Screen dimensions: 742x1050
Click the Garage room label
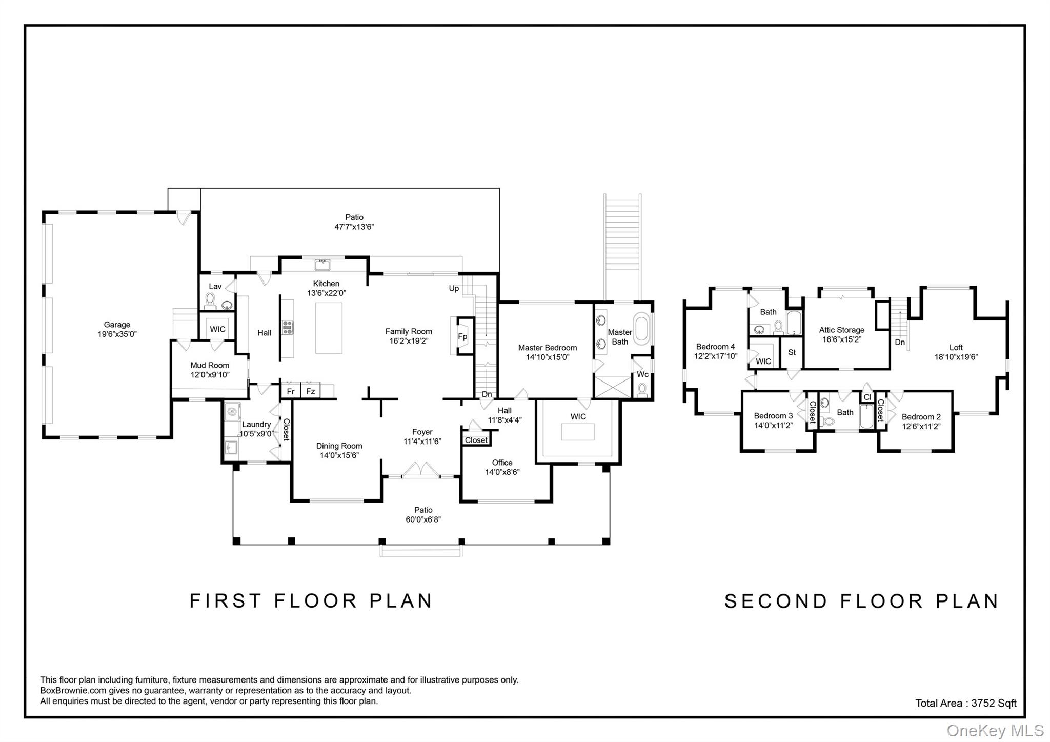click(117, 325)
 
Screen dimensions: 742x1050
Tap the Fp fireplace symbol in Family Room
click(462, 337)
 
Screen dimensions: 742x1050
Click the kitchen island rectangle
click(329, 328)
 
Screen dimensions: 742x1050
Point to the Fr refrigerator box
click(291, 391)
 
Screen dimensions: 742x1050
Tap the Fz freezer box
click(310, 391)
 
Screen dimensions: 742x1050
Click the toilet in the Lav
click(210, 298)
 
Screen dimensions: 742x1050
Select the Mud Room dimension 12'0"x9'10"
click(210, 375)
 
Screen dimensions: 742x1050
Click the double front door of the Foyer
click(420, 470)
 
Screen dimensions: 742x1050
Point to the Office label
click(502, 463)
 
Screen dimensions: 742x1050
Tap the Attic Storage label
click(841, 330)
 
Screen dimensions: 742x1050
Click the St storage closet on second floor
click(792, 352)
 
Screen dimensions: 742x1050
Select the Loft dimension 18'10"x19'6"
click(956, 357)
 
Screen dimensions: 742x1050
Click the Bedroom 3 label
click(773, 416)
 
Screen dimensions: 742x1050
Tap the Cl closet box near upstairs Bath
click(867, 397)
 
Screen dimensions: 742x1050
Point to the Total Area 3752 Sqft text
click(965, 703)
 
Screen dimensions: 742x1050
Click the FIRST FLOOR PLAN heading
click(311, 600)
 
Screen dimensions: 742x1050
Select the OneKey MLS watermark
click(995, 730)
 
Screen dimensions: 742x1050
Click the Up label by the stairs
click(454, 288)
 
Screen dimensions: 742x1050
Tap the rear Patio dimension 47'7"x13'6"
click(354, 227)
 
